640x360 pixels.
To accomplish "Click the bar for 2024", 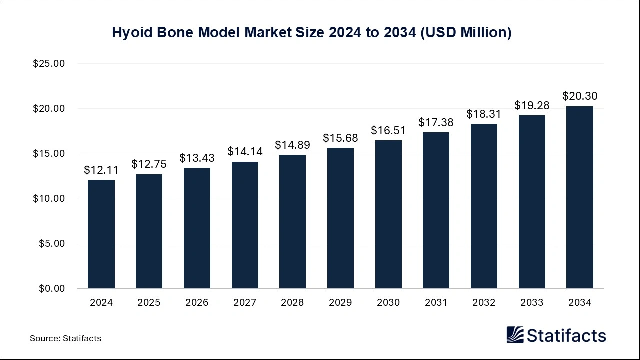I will point(101,234).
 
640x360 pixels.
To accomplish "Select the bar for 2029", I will point(340,218).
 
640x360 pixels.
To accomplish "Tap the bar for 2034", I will point(580,197).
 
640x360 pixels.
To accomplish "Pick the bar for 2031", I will point(436,210).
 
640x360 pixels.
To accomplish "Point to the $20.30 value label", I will point(580,96).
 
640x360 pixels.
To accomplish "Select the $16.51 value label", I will point(388,130).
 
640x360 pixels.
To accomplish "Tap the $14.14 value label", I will point(245,151).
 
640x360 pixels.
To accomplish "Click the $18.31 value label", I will point(484,114).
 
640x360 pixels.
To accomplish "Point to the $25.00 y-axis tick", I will point(49,64).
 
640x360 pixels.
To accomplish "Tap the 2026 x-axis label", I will point(197,303).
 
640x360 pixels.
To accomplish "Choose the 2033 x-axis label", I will point(532,303).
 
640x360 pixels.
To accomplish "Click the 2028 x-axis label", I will point(292,303).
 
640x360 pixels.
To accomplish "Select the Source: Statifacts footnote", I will point(65,338).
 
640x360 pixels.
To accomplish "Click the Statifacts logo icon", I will point(515,335).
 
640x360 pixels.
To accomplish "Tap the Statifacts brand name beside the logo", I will point(566,335).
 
